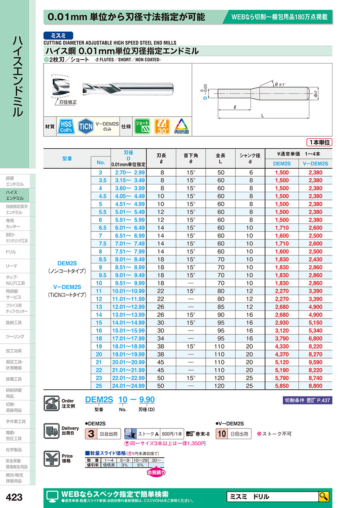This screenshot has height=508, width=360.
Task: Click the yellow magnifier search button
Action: click(324, 497)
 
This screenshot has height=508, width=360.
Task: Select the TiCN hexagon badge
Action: click(86, 126)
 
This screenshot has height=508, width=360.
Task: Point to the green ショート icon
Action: click(142, 126)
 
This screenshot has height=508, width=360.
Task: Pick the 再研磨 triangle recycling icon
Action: click(182, 126)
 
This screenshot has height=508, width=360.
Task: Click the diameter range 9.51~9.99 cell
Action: click(130, 283)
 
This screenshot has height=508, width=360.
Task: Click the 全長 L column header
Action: click(220, 158)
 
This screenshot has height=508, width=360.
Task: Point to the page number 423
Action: click(14, 497)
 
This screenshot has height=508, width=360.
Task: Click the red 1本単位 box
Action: click(319, 142)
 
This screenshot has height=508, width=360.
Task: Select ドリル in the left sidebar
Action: click(11, 252)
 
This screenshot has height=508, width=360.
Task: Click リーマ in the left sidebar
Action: click(11, 266)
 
